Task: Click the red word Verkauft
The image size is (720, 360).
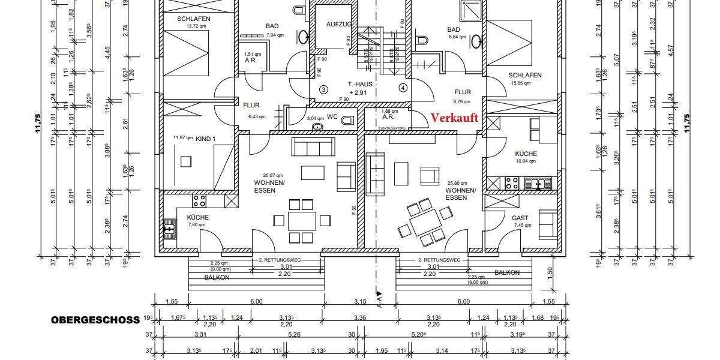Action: tap(455, 118)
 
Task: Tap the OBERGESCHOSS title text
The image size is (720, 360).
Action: tap(95, 320)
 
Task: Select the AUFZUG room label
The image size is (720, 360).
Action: tap(338, 25)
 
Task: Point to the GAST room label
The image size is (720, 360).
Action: tap(520, 218)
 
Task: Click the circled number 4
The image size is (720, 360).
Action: tap(403, 88)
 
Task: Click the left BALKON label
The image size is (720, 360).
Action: tap(217, 277)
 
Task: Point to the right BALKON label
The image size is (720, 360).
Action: tap(507, 272)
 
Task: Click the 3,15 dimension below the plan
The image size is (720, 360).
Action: tap(359, 301)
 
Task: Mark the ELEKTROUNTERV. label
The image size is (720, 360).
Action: tap(394, 129)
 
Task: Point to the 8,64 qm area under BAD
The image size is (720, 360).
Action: tap(458, 37)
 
